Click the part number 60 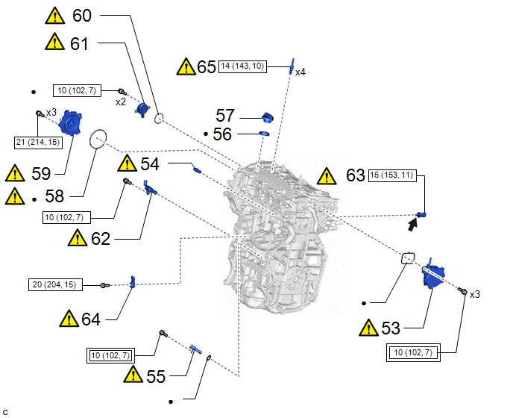point(81,15)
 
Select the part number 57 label point(226,116)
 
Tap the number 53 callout point(390,328)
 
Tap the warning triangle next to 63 point(327,177)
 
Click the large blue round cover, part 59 point(72,122)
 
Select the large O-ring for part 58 point(98,139)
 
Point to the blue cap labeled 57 point(269,117)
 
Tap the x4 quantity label point(300,72)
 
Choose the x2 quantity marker point(120,102)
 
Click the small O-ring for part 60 point(160,118)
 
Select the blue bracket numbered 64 point(133,281)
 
